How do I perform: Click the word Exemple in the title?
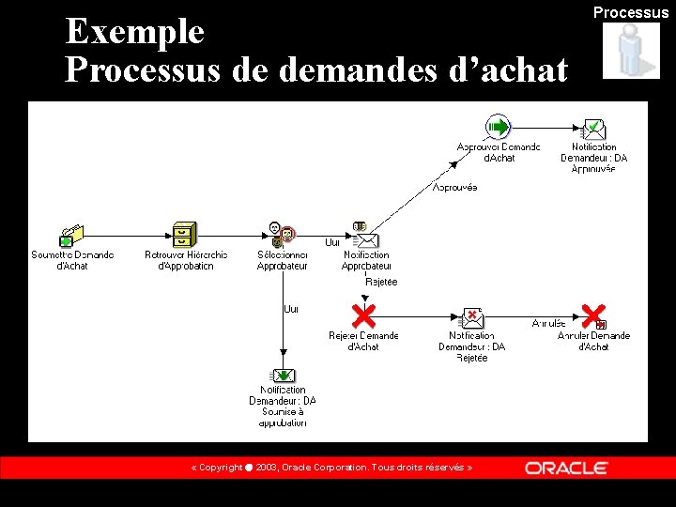pos(134,32)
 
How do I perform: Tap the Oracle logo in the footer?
pos(566,468)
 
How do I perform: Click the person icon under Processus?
pos(630,50)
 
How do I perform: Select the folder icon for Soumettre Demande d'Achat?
pos(71,235)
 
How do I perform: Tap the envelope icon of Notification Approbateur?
pos(364,238)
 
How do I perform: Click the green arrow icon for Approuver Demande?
pos(498,128)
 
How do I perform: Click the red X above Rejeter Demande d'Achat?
pos(362,315)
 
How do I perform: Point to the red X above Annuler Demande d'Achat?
pos(593,316)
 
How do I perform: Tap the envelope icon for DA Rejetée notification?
pos(471,318)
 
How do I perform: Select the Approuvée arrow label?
pos(454,188)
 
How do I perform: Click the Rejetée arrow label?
pos(381,282)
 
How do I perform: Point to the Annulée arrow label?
pos(549,324)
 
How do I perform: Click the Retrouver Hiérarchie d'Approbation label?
pos(186,260)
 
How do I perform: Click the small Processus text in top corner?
pos(630,12)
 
